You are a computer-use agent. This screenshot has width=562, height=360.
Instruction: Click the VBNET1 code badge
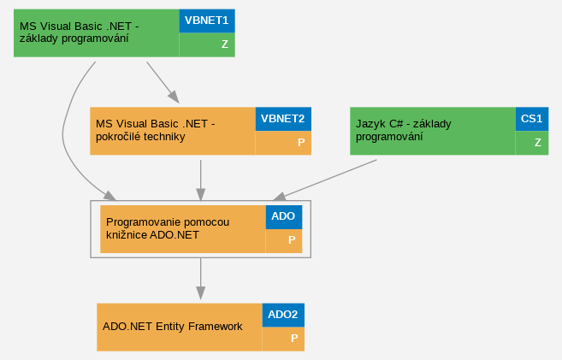coord(207,21)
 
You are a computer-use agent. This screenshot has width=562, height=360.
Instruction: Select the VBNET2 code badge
coord(283,119)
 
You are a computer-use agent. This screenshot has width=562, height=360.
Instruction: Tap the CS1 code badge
coord(532,119)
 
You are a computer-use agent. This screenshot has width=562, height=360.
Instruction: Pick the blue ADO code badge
coord(284,217)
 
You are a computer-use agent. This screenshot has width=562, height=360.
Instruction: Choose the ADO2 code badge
coord(283,315)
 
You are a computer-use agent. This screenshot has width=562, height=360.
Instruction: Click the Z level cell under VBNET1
coord(207,44)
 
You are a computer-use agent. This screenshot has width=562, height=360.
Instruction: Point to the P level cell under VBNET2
coord(283,143)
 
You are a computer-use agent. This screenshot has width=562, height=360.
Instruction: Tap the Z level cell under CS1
coord(532,143)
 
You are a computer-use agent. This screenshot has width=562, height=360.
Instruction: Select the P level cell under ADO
coord(284,241)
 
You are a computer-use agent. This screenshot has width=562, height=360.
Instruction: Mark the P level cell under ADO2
coord(283,339)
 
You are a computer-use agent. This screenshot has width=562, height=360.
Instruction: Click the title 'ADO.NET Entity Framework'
coord(173,327)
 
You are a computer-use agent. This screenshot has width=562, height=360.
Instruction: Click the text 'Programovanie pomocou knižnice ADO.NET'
coord(168,228)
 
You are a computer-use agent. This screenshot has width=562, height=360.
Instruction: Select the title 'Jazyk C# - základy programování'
coord(403,130)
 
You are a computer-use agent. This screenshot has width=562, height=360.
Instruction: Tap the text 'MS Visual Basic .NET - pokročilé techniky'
coord(155,130)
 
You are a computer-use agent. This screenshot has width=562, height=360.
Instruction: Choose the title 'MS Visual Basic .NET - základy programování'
coord(80,32)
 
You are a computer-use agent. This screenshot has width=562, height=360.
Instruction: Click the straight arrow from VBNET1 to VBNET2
coord(163,83)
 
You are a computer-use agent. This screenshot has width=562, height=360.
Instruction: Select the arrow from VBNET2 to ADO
coord(201,180)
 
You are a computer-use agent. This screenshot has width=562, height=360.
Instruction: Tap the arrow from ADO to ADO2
coord(201,278)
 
